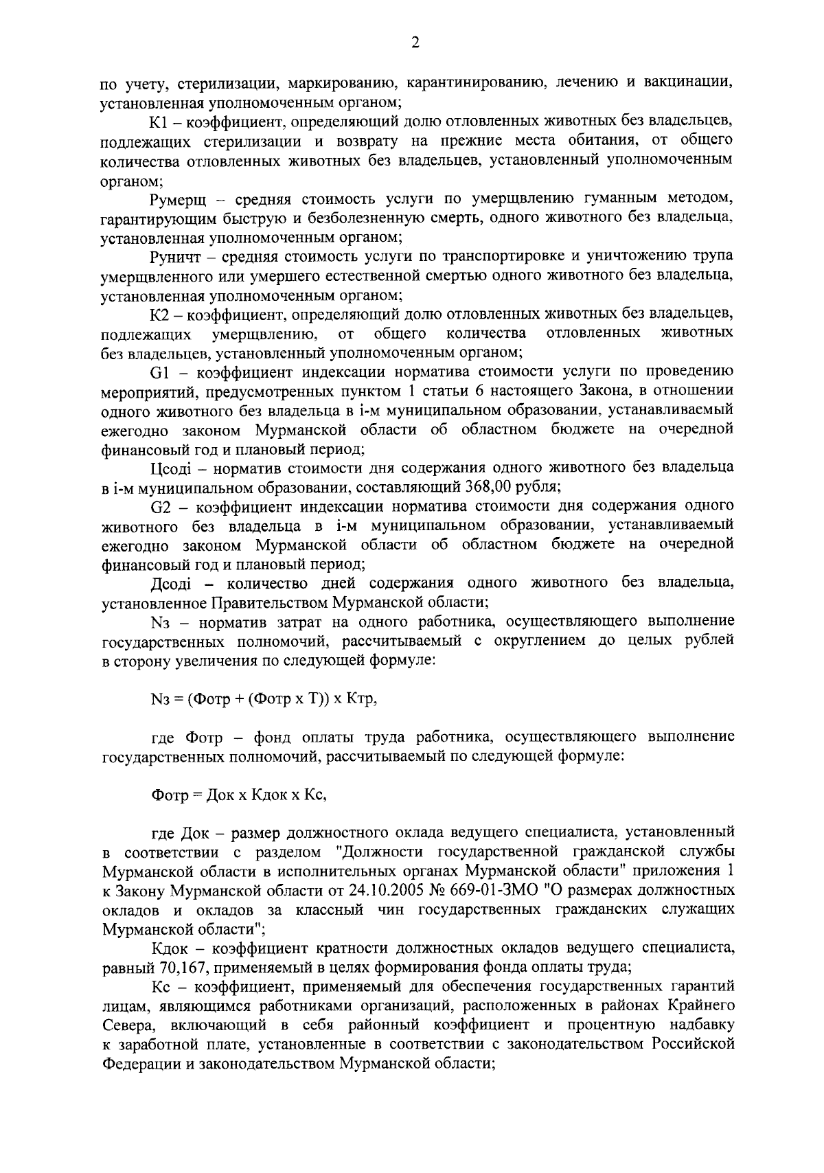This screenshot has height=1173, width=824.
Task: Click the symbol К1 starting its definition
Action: pos(159,122)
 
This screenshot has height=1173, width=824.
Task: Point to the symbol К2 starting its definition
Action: pos(159,315)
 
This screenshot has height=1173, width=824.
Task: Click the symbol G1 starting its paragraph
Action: pos(159,372)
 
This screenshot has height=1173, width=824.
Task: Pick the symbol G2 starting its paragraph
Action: pos(159,506)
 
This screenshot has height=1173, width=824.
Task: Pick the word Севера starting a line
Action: pos(124,1025)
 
